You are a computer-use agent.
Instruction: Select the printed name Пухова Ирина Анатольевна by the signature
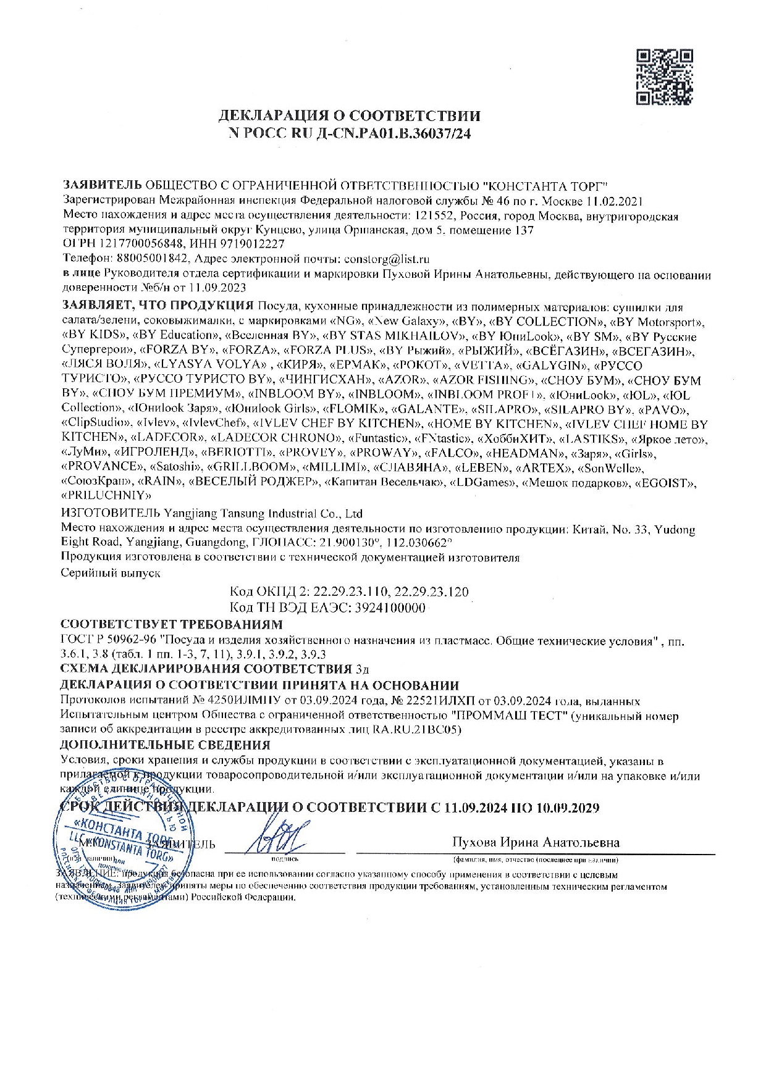(x=536, y=843)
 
